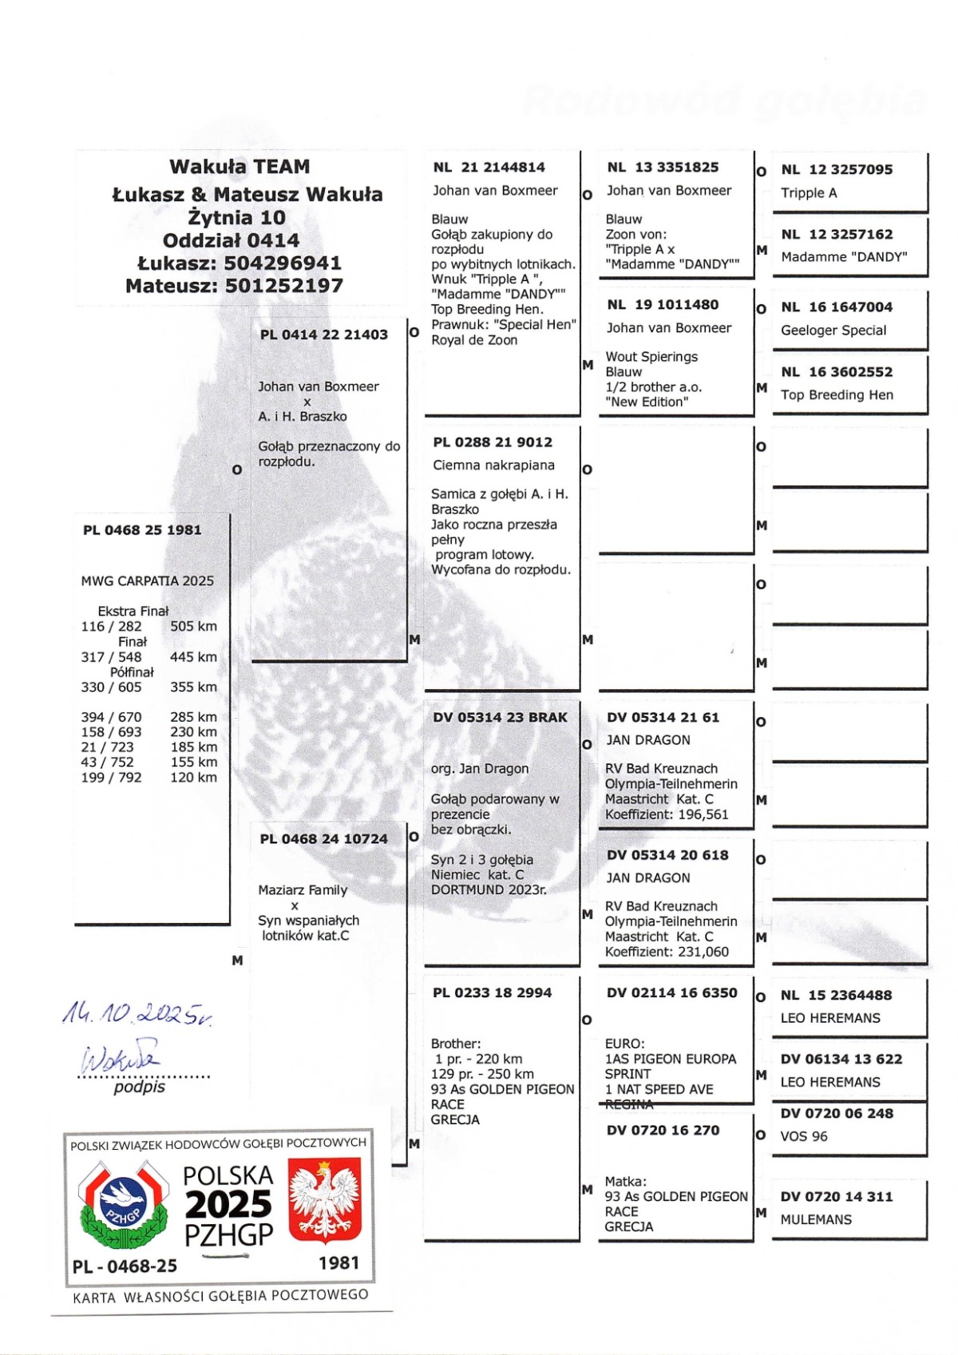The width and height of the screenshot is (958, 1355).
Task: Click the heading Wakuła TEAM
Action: point(239,167)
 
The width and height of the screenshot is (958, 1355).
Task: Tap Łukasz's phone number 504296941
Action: point(283,263)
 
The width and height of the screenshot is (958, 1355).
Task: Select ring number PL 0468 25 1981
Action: point(142,530)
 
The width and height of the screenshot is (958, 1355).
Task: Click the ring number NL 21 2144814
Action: point(489,168)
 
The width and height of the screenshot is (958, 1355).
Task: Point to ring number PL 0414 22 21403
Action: point(323,335)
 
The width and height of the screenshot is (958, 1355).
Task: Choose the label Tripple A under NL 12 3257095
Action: point(809,193)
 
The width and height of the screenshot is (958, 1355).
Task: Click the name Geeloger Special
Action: point(833,331)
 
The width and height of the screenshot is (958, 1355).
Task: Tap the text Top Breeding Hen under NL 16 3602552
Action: point(837,395)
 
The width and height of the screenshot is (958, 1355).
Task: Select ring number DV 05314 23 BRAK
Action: point(500,718)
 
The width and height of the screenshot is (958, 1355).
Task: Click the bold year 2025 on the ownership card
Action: point(228,1205)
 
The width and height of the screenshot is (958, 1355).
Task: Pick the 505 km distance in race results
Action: point(193,627)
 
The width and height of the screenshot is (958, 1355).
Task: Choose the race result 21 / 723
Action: point(107,747)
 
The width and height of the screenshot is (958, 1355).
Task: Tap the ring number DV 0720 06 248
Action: point(837,1114)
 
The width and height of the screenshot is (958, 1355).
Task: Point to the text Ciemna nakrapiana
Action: point(493,466)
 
